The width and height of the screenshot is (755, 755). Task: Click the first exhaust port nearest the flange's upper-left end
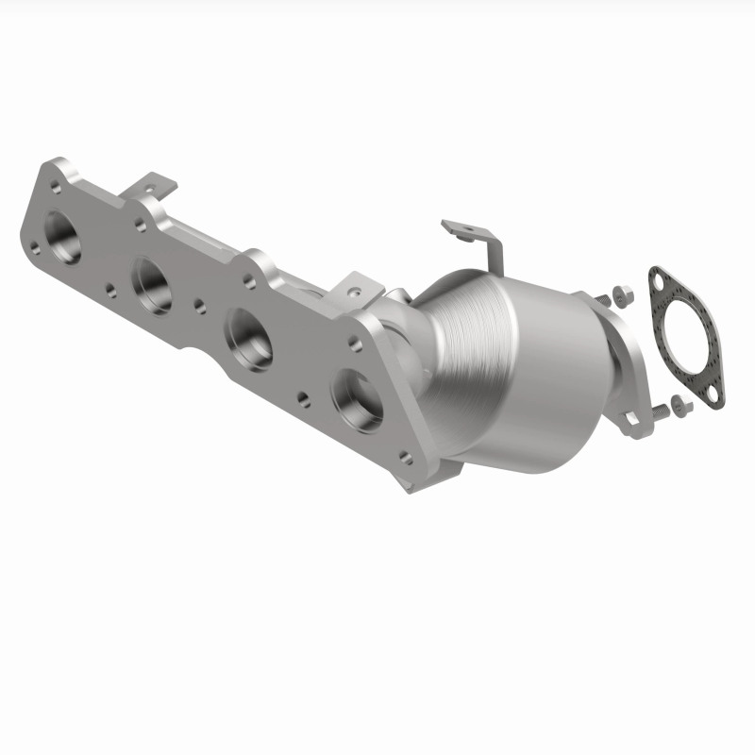61,240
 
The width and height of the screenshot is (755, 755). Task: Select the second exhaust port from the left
152,284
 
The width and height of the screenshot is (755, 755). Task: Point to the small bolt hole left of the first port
35,248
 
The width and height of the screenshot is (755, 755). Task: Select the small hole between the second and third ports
200,305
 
